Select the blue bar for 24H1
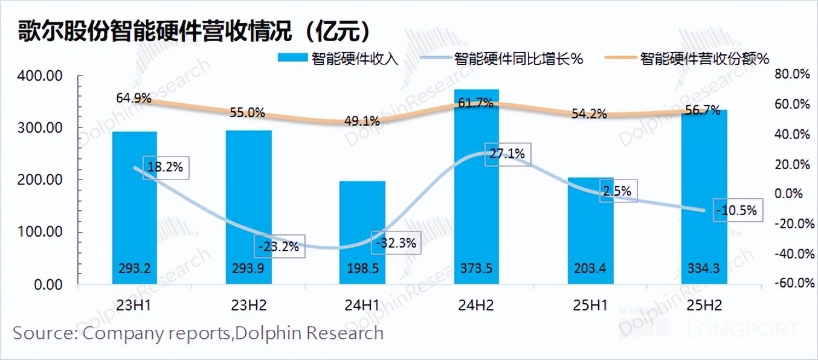click(x=362, y=233)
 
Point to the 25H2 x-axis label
click(x=704, y=305)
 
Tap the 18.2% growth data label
click(x=166, y=167)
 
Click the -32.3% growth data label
click(x=395, y=244)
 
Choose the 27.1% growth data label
click(x=508, y=153)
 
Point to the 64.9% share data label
click(x=134, y=97)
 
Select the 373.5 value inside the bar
click(x=477, y=268)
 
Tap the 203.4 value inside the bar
click(x=590, y=268)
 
